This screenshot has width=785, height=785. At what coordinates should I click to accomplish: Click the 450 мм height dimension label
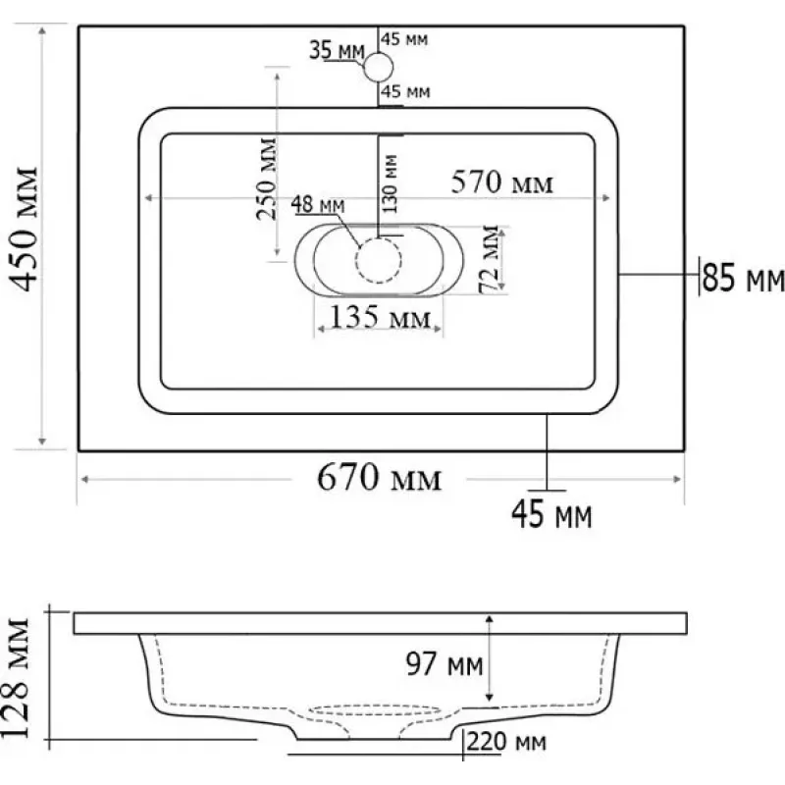pyautogui.click(x=25, y=229)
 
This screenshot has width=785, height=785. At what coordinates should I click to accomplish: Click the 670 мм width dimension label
pyautogui.click(x=380, y=478)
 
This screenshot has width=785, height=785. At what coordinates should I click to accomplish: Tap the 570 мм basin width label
pyautogui.click(x=502, y=183)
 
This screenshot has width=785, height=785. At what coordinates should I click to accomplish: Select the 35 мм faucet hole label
pyautogui.click(x=337, y=50)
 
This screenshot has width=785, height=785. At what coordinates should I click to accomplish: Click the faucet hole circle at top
pyautogui.click(x=379, y=67)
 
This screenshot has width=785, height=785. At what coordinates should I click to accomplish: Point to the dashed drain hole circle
pyautogui.click(x=379, y=260)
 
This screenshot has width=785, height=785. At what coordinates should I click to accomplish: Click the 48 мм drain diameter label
pyautogui.click(x=318, y=204)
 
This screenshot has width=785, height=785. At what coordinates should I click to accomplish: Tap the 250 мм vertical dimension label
pyautogui.click(x=266, y=179)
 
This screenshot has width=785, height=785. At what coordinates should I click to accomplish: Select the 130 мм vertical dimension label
pyautogui.click(x=391, y=183)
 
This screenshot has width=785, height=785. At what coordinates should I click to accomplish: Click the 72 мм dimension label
pyautogui.click(x=490, y=259)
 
